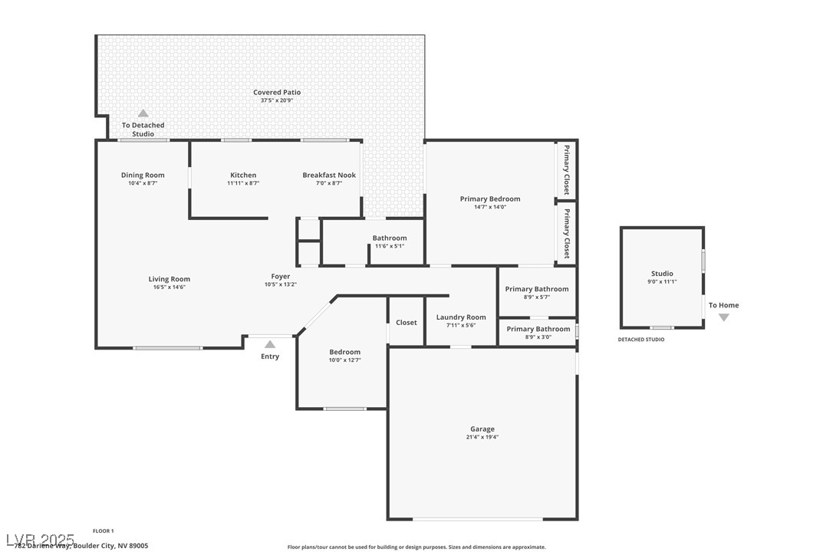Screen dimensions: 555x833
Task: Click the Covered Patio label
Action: [277, 92]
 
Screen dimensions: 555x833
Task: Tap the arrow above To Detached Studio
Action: [143, 113]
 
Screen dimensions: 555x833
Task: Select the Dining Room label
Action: [143, 176]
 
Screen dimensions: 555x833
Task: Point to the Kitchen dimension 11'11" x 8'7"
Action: [243, 183]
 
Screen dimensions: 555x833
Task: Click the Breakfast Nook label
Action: [329, 176]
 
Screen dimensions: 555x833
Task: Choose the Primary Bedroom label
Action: [489, 199]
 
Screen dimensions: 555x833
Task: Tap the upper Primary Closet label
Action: [567, 169]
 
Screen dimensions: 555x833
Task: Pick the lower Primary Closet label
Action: [567, 233]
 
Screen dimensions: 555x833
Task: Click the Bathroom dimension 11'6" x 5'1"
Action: [390, 246]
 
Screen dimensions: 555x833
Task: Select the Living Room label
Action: [170, 279]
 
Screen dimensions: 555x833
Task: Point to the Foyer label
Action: [280, 277]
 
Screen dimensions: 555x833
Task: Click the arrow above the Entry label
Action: [270, 344]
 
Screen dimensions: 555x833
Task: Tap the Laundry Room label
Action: [461, 317]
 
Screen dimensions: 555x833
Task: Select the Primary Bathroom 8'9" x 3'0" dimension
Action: [537, 337]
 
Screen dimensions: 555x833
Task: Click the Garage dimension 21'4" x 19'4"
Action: [482, 437]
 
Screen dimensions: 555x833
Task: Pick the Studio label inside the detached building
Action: [662, 274]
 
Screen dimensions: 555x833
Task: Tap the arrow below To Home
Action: [723, 317]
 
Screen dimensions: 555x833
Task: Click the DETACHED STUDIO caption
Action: [641, 340]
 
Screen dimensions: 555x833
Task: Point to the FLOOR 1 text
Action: [103, 530]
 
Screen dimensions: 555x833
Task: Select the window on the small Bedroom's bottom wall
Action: [344, 409]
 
